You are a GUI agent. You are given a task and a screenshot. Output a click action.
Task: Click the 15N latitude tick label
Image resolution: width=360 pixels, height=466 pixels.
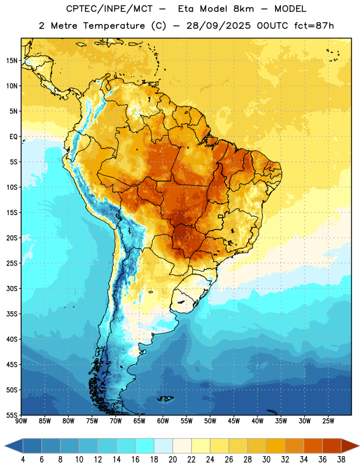coord(12,61)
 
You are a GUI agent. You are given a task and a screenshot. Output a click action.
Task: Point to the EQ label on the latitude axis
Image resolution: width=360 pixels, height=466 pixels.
coord(13,137)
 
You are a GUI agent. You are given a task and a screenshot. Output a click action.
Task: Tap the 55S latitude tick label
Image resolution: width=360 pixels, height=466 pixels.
coord(12,415)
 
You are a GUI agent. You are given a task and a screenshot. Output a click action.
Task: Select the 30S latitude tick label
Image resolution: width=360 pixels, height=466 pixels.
coord(12,288)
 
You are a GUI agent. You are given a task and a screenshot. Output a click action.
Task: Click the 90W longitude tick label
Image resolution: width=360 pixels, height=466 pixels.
coord(21,421)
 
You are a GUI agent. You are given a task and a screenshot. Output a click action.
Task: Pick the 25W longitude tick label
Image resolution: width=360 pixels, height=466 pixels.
coord(328,421)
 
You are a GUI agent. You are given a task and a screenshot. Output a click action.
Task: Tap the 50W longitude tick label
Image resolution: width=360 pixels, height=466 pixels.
coord(210,421)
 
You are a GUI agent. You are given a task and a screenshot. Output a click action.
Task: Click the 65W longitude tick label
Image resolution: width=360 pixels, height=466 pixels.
coord(139,421)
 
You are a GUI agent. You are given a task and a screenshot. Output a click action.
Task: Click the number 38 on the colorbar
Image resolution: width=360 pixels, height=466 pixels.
coord(341,460)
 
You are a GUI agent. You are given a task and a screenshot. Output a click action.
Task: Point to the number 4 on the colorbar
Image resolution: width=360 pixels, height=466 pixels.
coord(23,460)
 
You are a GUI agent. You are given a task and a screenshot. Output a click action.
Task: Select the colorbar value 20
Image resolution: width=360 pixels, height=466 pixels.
coord(172,460)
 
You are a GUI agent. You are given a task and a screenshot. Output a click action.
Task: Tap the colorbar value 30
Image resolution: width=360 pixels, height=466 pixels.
coord(266,460)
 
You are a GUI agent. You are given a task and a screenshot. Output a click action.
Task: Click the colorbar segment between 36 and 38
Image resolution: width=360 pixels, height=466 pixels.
coord(332,446)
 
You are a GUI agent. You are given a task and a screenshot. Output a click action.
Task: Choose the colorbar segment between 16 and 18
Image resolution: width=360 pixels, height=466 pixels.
coord(145,446)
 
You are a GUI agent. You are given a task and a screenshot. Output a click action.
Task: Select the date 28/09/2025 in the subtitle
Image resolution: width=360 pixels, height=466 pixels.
coord(219,26)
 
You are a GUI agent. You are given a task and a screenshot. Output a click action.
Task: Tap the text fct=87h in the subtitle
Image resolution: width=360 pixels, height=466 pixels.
coord(314,26)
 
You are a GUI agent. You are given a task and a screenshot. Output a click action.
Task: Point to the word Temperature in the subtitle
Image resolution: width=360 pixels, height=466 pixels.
coord(114,26)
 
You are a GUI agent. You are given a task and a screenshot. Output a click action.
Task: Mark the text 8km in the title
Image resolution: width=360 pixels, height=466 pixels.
coord(243,9)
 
